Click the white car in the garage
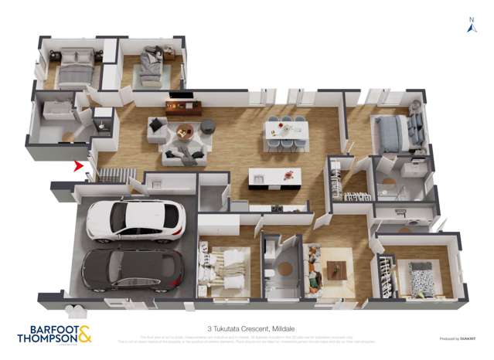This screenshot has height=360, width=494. pos(135,220)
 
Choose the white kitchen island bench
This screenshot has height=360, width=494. pos(274,180)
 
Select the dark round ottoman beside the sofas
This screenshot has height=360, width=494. pos(207,126)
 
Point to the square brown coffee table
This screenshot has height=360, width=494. pos(336,270)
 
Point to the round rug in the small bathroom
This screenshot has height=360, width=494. pos(285,269)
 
